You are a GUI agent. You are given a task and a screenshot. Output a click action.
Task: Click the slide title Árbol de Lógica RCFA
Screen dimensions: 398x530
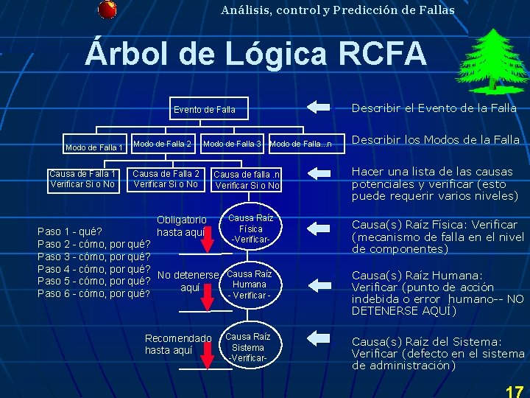256,53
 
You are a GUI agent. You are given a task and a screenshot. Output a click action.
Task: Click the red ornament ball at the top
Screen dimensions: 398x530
107,9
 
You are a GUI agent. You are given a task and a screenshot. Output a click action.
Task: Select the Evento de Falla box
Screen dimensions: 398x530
205,110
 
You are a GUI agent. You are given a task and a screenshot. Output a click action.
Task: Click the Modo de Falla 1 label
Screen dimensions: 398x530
93,147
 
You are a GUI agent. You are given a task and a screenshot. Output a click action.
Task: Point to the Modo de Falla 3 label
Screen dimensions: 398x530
232,143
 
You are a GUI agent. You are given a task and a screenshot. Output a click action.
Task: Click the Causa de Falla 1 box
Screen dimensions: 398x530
82,179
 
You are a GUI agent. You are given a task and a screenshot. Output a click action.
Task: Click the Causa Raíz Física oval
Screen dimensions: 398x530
250,229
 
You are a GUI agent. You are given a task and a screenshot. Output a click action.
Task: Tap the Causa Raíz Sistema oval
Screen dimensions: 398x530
248,347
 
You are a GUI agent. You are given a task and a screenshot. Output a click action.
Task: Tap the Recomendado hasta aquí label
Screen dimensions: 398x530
178,344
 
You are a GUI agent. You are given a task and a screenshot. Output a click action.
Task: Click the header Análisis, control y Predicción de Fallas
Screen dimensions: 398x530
337,10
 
